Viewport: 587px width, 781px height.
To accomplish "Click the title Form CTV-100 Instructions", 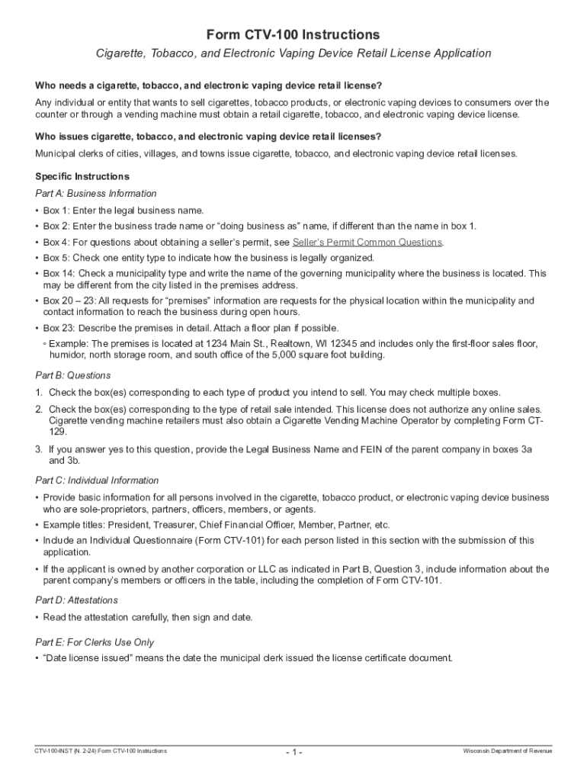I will [293, 35].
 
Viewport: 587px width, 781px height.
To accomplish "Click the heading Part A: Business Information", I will [96, 194].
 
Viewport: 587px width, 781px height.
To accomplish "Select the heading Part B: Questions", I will [73, 375].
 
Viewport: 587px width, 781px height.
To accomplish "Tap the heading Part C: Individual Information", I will [97, 480].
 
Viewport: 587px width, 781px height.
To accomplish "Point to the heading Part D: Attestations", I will [76, 600].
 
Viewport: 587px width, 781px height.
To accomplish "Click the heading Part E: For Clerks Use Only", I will [95, 642].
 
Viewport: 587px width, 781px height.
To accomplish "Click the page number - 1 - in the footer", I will [294, 752].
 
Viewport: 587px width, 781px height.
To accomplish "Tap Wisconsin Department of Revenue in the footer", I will [508, 751].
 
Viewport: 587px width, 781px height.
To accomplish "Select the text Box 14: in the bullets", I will [59, 273].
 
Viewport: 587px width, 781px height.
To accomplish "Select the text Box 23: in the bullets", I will [59, 328].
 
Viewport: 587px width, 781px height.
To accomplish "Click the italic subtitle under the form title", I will [293, 53].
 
